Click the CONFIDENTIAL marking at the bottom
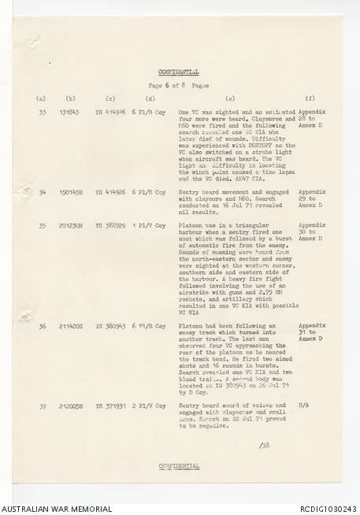coord(180,466)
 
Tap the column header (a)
coord(42,98)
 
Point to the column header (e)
coord(229,98)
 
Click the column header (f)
coord(311,98)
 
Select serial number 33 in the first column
coord(42,113)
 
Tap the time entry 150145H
coord(72,192)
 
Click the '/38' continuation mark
coord(264,445)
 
